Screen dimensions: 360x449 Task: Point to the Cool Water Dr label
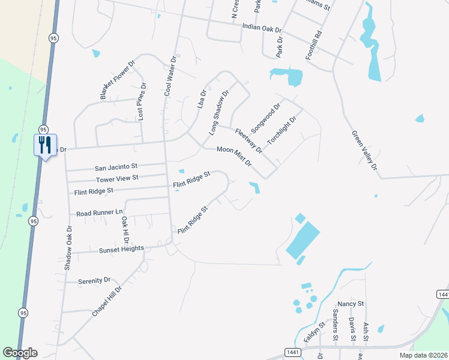172,76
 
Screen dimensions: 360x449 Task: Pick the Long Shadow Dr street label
219,112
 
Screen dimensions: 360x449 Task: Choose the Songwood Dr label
266,118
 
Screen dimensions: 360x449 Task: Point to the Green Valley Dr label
364,151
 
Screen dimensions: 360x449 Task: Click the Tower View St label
117,178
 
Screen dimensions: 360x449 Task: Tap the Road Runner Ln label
99,213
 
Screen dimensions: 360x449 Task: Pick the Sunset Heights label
121,248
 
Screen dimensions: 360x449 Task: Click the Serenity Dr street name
94,280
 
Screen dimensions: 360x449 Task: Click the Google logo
20,353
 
